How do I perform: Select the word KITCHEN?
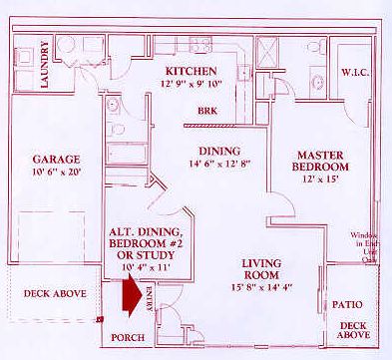click(192, 71)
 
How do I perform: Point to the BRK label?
click(207, 111)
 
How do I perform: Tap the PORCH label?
click(127, 338)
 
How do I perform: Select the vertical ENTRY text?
click(151, 303)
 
